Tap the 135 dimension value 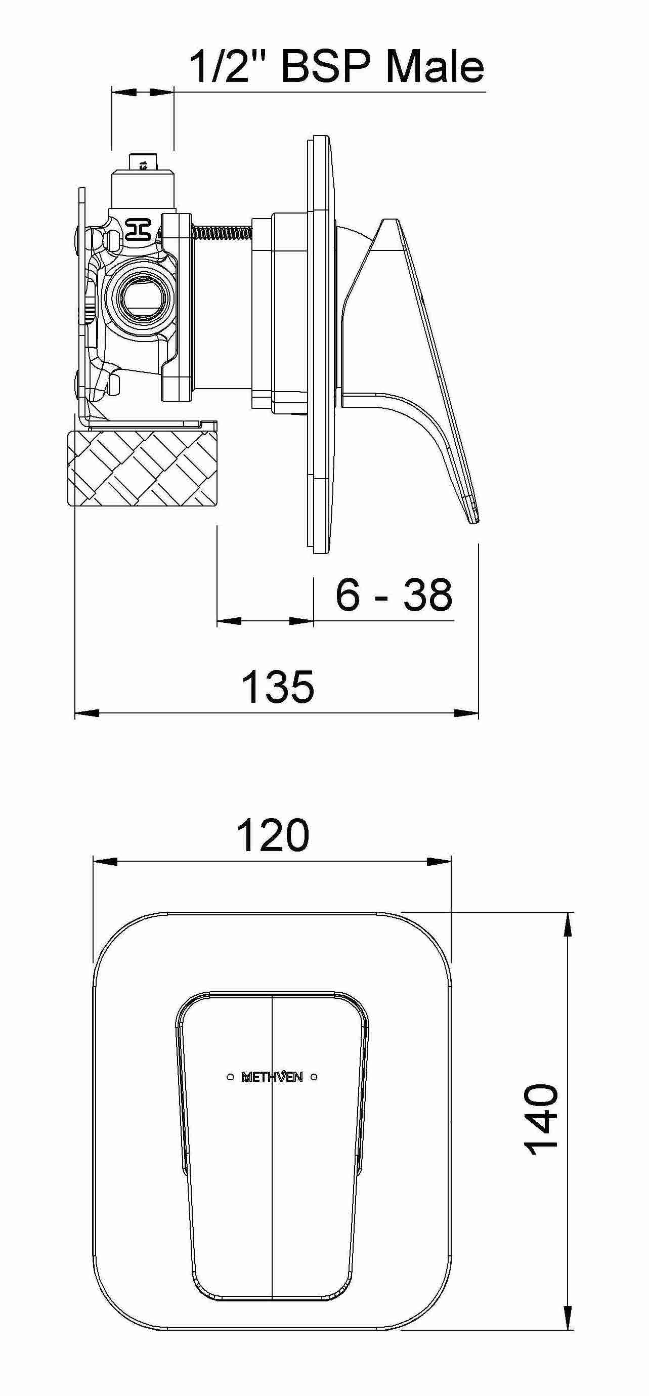[x=277, y=687]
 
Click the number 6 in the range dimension [x=347, y=595]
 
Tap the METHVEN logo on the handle [x=272, y=1077]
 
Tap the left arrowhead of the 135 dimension [x=86, y=713]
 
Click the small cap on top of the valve [x=143, y=162]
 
